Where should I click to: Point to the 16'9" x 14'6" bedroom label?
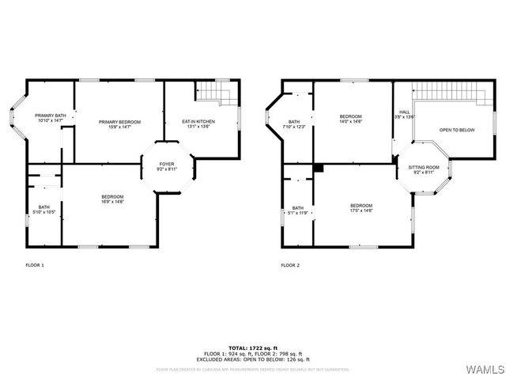click(x=112, y=199)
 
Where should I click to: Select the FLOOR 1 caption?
click(x=35, y=265)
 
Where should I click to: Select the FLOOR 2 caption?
click(x=290, y=265)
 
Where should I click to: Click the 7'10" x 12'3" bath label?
click(x=294, y=124)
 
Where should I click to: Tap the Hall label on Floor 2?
click(x=404, y=115)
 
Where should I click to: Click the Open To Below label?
click(x=457, y=130)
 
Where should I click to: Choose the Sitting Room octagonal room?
click(x=423, y=169)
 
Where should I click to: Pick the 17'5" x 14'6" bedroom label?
click(x=361, y=208)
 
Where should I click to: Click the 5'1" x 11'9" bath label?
click(x=297, y=211)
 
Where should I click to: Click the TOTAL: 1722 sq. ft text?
click(x=253, y=348)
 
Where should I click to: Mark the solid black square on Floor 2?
click(x=318, y=168)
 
